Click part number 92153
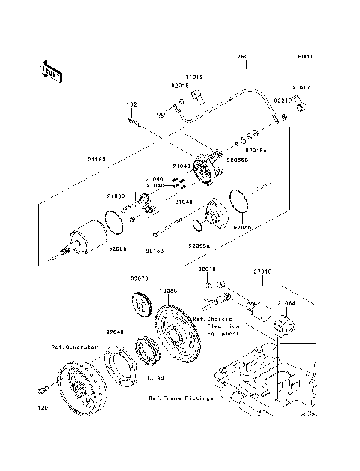[x=154, y=250]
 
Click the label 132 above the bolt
[x=130, y=104]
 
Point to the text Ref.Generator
[x=74, y=347]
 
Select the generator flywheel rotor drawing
[x=79, y=385]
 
